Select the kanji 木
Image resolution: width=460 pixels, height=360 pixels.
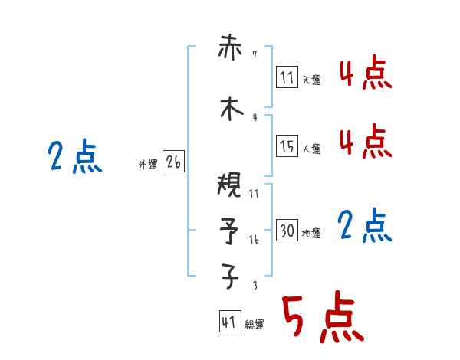[x=229, y=109]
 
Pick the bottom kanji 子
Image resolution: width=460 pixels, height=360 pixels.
[x=229, y=276]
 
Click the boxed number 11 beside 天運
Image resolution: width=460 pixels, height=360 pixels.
[x=287, y=77]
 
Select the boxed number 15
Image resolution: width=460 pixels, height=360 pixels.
[x=287, y=146]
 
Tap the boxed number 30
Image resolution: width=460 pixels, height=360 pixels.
[x=287, y=231]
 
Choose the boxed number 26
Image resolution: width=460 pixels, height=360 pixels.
[x=174, y=162]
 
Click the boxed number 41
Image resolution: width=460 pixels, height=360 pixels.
[x=228, y=322]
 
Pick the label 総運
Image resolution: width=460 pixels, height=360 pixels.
[x=255, y=325]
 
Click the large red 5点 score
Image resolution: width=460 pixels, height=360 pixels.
[x=322, y=317]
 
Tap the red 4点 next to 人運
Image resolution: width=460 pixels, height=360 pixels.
[x=365, y=141]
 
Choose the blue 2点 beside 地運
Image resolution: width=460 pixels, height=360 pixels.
[x=365, y=225]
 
